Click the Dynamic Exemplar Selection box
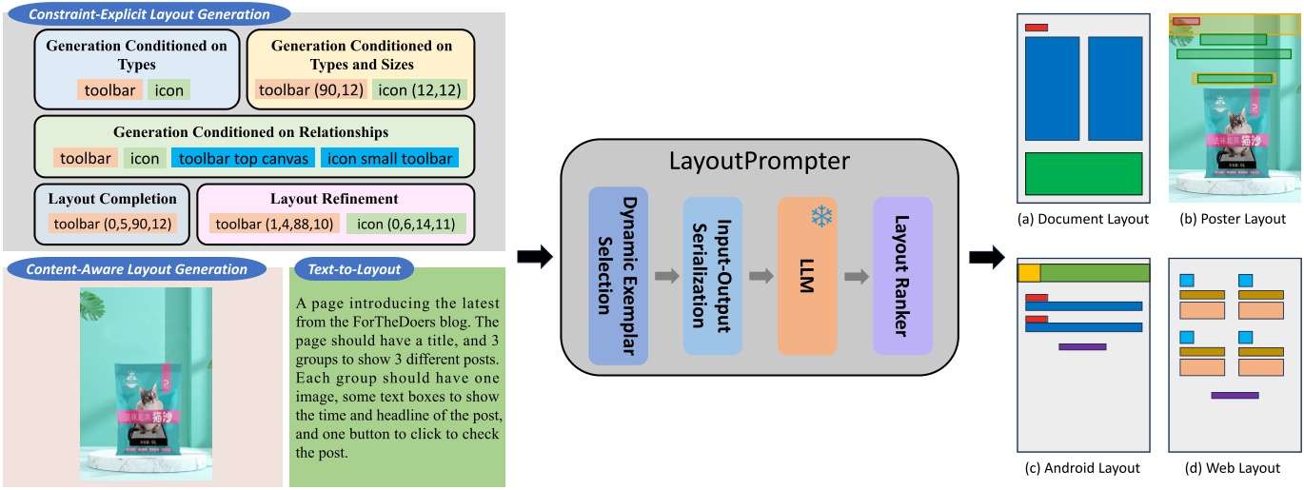tap(618, 276)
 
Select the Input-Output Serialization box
tap(712, 276)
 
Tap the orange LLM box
tap(806, 276)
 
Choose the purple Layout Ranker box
tap(902, 276)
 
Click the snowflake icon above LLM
tap(820, 217)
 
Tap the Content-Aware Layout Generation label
tap(137, 269)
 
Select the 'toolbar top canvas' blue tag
tap(243, 158)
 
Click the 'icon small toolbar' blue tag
tap(389, 158)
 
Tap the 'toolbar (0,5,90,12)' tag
tap(111, 224)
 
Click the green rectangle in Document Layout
tap(1083, 173)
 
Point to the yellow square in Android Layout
tap(1029, 273)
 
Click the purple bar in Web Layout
tap(1235, 394)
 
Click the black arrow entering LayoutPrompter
tap(533, 257)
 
